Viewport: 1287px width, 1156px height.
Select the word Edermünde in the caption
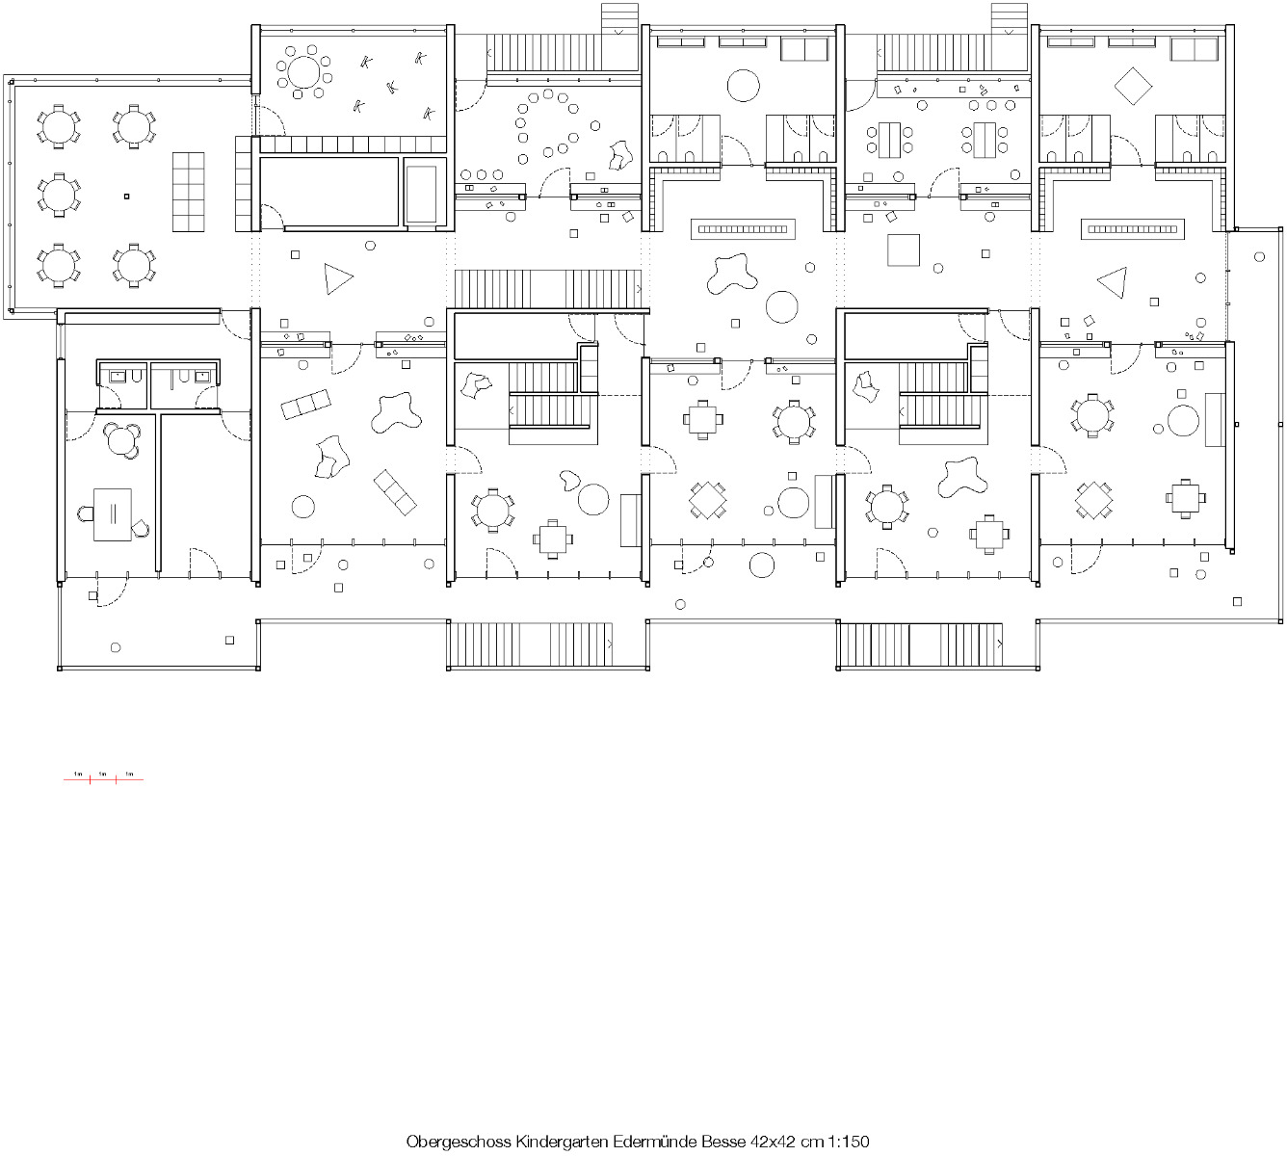[x=658, y=1142]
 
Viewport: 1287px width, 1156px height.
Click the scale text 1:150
[x=849, y=1142]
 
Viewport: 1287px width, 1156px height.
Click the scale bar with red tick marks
[x=103, y=777]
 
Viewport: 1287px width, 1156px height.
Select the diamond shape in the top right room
[x=1133, y=87]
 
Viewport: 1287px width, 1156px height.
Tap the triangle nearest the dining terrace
[x=338, y=279]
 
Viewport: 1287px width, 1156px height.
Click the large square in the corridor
[x=905, y=250]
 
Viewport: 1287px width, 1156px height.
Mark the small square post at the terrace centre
[x=125, y=197]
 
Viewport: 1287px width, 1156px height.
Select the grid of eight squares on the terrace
[x=189, y=191]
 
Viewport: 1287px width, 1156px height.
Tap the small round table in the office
[x=121, y=440]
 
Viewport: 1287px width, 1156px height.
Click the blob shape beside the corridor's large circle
[x=733, y=273]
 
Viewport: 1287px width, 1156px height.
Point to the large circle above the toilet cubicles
[x=744, y=85]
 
